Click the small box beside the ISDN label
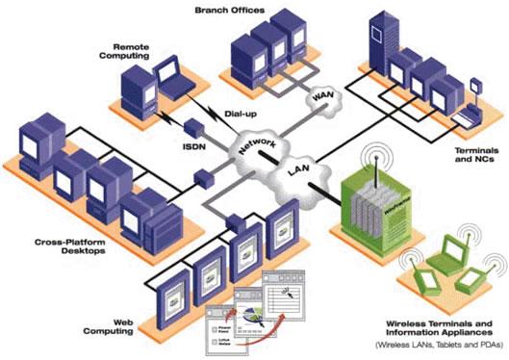(191, 127)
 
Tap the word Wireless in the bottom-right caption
(395, 322)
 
